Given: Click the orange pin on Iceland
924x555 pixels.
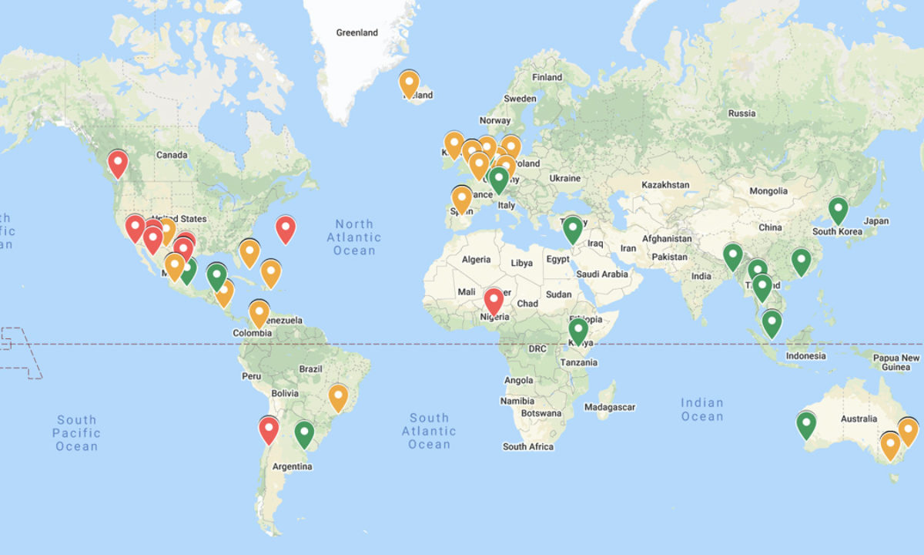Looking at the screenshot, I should (x=409, y=82).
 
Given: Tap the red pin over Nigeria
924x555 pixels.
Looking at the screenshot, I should (x=494, y=301).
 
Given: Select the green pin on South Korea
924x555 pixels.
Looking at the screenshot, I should (x=838, y=210).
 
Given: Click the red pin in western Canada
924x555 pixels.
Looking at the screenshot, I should (x=118, y=163).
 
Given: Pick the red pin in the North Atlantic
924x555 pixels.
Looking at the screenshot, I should (x=286, y=229).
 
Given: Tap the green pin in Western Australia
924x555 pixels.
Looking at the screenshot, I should (x=805, y=424).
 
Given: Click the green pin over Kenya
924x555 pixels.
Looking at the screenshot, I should (x=578, y=331).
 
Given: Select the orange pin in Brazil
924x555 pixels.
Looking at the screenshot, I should (x=338, y=397).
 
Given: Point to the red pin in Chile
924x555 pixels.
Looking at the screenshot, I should (x=268, y=429).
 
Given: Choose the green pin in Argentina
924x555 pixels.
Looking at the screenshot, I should (x=305, y=433).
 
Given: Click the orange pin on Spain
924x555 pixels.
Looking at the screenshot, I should (x=461, y=199).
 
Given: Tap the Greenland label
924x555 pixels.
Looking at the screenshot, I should (x=357, y=32).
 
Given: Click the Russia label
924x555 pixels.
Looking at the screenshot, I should (x=742, y=113).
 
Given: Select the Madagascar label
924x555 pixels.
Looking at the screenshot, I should (x=610, y=407).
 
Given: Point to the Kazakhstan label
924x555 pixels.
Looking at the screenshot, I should (x=665, y=185).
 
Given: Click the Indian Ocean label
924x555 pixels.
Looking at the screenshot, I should (x=701, y=409).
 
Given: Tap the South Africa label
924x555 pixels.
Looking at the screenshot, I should (x=527, y=446).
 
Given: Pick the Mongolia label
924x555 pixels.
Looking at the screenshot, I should (x=768, y=191).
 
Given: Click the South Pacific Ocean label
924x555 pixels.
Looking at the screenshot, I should (x=76, y=432).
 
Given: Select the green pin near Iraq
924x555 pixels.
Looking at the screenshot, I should (x=572, y=229).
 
